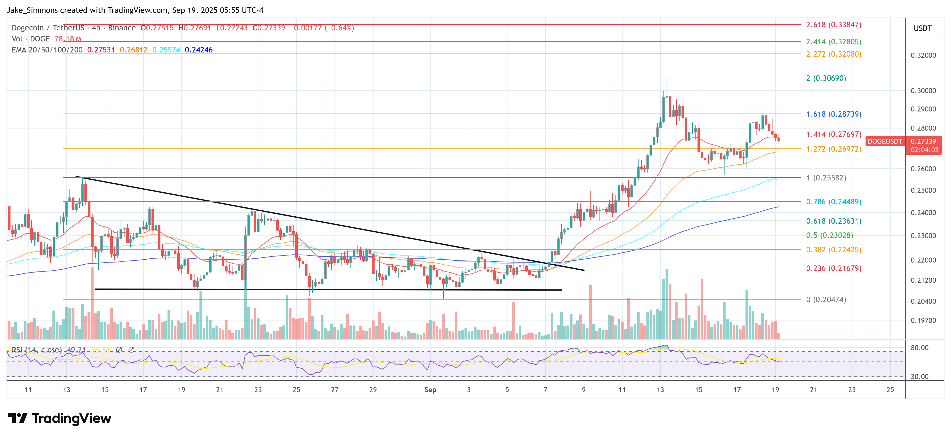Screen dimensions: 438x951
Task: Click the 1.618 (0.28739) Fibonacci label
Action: point(833,114)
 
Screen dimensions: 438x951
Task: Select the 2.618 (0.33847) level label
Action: point(833,25)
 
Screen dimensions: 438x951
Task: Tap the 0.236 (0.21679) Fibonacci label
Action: point(833,268)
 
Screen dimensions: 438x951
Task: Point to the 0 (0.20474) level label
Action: point(826,300)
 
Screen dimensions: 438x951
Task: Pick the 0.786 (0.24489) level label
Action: point(833,202)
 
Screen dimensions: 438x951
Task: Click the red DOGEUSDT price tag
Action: point(884,141)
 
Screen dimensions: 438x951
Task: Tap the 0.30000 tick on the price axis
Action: point(923,91)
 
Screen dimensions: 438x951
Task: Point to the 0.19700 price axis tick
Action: point(923,321)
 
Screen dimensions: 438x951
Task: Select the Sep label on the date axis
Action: point(430,390)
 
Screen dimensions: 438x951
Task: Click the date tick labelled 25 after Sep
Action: point(890,390)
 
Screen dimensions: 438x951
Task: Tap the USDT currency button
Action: point(923,28)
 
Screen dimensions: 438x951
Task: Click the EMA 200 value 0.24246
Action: point(199,50)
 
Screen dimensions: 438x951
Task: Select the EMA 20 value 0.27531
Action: point(101,50)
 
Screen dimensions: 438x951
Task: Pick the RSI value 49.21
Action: point(76,350)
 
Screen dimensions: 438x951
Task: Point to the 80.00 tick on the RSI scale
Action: point(919,348)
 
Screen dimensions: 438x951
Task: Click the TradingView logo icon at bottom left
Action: point(17,418)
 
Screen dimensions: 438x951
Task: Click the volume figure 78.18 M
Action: point(68,39)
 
